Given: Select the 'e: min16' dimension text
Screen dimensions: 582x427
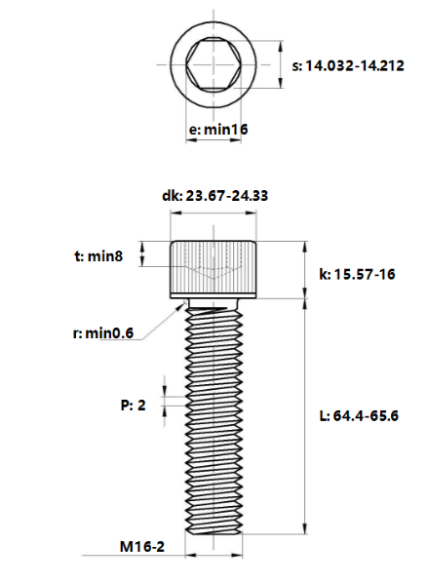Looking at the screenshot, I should pyautogui.click(x=216, y=129).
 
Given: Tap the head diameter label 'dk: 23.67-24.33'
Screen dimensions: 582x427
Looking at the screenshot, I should pyautogui.click(x=214, y=195).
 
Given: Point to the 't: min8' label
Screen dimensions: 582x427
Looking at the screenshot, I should pyautogui.click(x=101, y=256).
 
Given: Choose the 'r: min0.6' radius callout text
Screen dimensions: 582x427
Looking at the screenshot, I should pyautogui.click(x=105, y=333).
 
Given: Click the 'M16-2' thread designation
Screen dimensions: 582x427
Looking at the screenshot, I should pyautogui.click(x=142, y=548).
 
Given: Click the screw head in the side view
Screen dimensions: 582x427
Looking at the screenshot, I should pyautogui.click(x=214, y=269).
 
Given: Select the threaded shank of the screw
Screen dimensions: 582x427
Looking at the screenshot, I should pyautogui.click(x=214, y=419).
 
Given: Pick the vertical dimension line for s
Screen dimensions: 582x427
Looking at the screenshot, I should pyautogui.click(x=281, y=65).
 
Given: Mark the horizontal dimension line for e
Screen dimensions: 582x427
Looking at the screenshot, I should pyautogui.click(x=214, y=141).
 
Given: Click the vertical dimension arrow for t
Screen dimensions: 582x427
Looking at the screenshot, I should pyautogui.click(x=142, y=255).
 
